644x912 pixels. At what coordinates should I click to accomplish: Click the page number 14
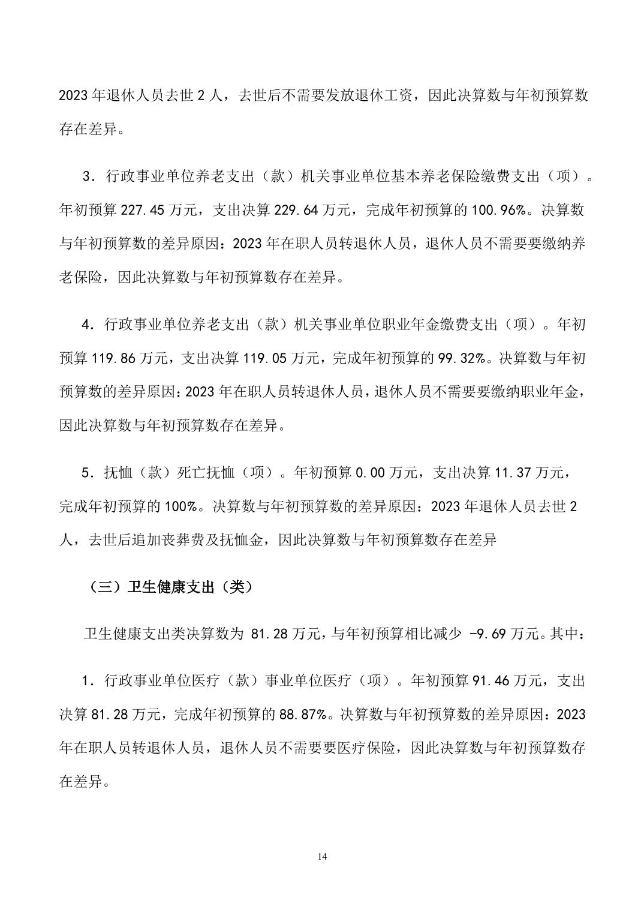(322, 856)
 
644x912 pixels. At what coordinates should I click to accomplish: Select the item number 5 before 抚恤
(86, 473)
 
